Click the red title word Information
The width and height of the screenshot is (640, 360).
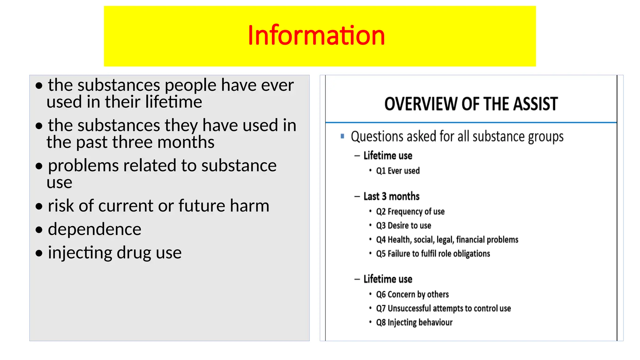(316, 35)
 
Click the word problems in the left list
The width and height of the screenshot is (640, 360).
(83, 166)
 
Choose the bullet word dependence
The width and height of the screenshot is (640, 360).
(94, 229)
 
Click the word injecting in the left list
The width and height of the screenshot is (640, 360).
(80, 253)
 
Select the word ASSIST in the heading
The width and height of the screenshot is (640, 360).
(535, 104)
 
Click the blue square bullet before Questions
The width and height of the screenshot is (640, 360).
(342, 136)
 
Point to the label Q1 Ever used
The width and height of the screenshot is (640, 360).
(397, 171)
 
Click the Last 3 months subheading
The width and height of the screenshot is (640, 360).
(391, 196)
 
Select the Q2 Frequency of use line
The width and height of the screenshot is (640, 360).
(410, 212)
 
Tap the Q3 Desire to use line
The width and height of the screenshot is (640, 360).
(403, 226)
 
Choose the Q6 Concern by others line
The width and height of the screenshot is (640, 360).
(412, 294)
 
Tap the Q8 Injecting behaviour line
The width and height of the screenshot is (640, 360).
(414, 322)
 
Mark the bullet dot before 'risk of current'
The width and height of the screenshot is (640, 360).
(39, 206)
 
